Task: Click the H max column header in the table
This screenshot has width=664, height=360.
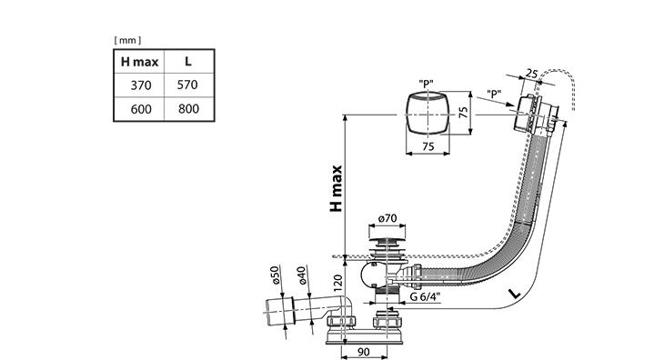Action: click(x=139, y=62)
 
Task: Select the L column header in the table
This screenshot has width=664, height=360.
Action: click(x=188, y=61)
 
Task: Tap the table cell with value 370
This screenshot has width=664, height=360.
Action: click(x=141, y=85)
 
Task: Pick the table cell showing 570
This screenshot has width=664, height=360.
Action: click(x=187, y=85)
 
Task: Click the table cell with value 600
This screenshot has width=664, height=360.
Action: click(x=141, y=109)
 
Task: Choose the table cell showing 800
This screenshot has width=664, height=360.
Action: click(x=188, y=109)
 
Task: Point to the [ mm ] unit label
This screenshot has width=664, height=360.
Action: click(x=127, y=40)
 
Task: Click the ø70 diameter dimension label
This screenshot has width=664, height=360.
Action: click(x=387, y=218)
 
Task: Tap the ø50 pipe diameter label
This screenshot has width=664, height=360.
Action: click(x=275, y=275)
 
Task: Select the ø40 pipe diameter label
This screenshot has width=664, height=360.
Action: click(x=301, y=275)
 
